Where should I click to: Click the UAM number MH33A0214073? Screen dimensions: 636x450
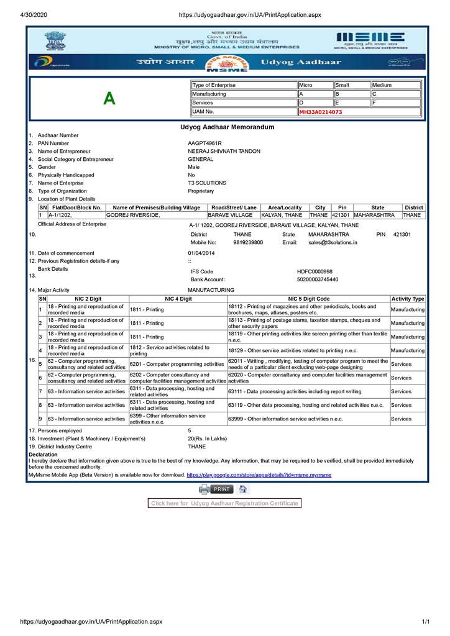pyautogui.click(x=321, y=112)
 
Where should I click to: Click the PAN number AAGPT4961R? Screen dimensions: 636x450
pyautogui.click(x=204, y=143)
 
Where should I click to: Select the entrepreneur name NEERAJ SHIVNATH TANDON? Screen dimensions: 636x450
pyautogui.click(x=224, y=152)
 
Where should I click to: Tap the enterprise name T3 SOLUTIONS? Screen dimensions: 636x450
pyautogui.click(x=207, y=183)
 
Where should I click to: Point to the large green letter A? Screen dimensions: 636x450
pyautogui.click(x=109, y=99)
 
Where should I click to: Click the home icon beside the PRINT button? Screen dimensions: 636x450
pyautogui.click(x=243, y=489)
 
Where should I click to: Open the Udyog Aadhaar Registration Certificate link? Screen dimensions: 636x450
pyautogui.click(x=224, y=503)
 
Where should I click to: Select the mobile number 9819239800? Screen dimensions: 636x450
pyautogui.click(x=248, y=243)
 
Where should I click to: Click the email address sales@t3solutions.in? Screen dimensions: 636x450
pyautogui.click(x=333, y=243)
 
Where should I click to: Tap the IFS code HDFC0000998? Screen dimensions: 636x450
pyautogui.click(x=315, y=272)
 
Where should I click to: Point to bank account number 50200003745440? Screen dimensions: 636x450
pyautogui.click(x=318, y=280)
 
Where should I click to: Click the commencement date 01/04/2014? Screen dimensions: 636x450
pyautogui.click(x=201, y=253)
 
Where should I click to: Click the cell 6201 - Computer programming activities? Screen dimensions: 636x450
pyautogui.click(x=177, y=365)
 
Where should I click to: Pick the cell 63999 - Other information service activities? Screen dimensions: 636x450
pyautogui.click(x=285, y=419)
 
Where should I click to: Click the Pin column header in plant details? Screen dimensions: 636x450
pyautogui.click(x=341, y=207)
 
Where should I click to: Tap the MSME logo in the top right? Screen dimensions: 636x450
pyautogui.click(x=370, y=39)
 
